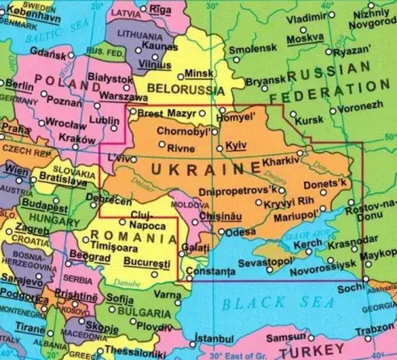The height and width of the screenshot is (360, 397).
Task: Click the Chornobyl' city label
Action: pos(182,130)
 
